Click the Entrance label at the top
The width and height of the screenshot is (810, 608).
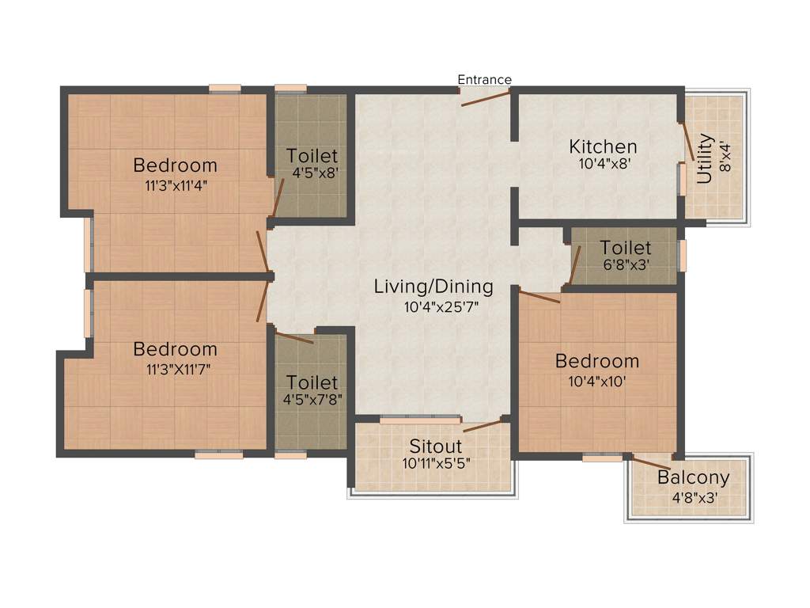(485, 79)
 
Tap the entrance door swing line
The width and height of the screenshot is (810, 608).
(486, 98)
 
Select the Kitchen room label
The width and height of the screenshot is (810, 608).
(603, 146)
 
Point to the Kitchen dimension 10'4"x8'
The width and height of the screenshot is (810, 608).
(603, 165)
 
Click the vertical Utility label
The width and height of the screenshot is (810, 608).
(706, 160)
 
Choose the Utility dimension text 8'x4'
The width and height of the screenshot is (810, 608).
(726, 160)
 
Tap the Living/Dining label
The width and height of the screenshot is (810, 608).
(433, 287)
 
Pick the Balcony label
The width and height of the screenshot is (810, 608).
(693, 478)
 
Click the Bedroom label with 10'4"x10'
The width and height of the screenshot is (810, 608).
(596, 361)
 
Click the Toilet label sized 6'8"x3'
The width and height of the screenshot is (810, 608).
(625, 249)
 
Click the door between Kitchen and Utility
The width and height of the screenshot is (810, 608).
(687, 141)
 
